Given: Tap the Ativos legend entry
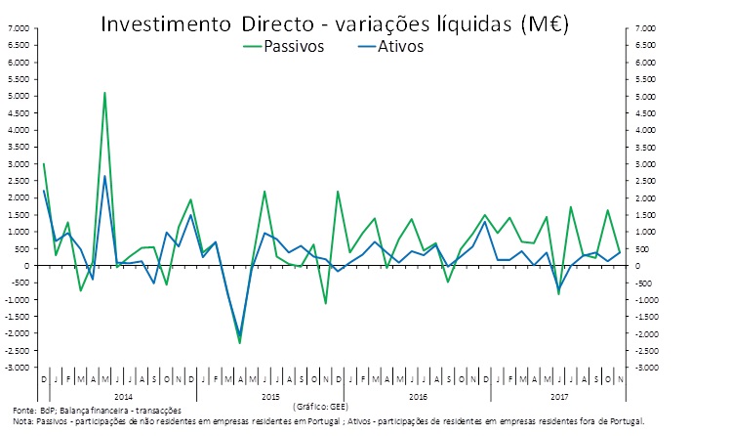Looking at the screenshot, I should (x=396, y=46).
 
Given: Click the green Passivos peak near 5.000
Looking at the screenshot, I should (x=104, y=93).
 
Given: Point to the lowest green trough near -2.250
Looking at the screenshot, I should (x=240, y=342).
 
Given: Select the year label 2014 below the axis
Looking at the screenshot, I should (x=123, y=395).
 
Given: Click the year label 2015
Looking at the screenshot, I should (x=270, y=395).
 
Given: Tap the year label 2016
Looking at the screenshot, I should (x=418, y=395).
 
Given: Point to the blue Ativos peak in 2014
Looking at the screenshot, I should (x=104, y=176).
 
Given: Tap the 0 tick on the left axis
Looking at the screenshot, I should (x=25, y=266).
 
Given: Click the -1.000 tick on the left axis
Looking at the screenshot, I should (x=19, y=299).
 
